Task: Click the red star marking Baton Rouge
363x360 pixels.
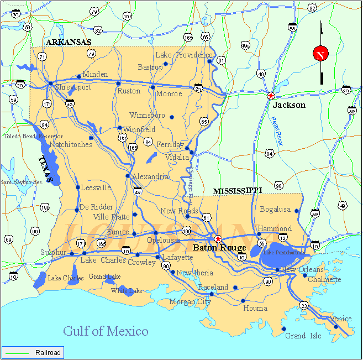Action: click(x=218, y=239)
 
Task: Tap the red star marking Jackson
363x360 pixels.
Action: click(x=271, y=96)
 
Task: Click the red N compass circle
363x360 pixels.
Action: click(x=320, y=54)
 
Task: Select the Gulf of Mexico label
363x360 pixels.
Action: click(x=106, y=331)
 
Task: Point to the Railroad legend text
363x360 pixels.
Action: click(x=48, y=352)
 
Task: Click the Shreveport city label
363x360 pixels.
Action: click(x=73, y=87)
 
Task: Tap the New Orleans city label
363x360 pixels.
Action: click(x=302, y=269)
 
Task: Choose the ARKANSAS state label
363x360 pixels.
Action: click(x=69, y=42)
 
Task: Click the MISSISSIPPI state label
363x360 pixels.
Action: click(x=238, y=191)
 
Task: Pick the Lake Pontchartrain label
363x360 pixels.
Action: click(x=283, y=253)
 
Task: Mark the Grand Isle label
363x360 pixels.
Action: click(x=303, y=336)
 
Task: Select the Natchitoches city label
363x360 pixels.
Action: click(x=71, y=145)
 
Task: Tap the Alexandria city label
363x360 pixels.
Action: click(x=150, y=177)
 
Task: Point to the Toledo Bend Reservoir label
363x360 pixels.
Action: click(x=33, y=136)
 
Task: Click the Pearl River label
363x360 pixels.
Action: click(x=278, y=130)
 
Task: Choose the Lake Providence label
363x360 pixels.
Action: click(x=183, y=55)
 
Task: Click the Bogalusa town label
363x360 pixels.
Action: click(x=275, y=210)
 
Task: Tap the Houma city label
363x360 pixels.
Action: click(x=255, y=308)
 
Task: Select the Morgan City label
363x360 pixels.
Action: click(x=190, y=302)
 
